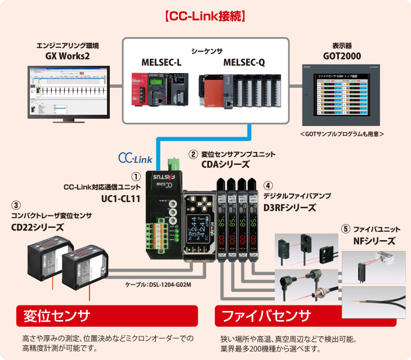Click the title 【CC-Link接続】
205,15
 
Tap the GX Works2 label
68,56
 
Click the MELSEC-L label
162,62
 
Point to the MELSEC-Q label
244,62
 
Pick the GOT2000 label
342,56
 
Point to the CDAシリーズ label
225,164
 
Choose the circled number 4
269,185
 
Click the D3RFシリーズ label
290,207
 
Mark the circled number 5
346,229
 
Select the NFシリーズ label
374,241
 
